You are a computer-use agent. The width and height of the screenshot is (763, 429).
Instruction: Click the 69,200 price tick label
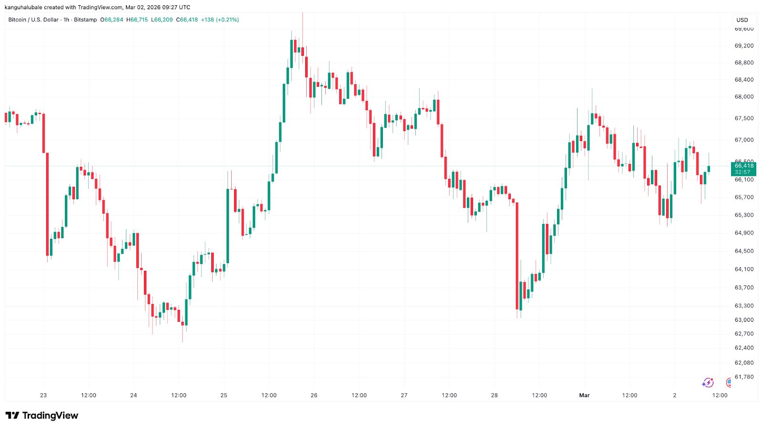click(x=744, y=46)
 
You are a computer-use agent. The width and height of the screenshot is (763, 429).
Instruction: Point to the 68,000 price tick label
click(x=744, y=97)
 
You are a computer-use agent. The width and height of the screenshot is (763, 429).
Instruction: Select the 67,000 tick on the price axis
click(x=744, y=140)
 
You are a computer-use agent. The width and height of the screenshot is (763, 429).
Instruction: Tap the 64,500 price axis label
click(x=744, y=251)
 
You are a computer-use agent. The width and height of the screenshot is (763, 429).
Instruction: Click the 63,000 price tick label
click(x=744, y=320)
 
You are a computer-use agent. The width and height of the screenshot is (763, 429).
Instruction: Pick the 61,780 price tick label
click(x=744, y=377)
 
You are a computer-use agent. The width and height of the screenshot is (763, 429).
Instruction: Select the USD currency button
click(x=742, y=20)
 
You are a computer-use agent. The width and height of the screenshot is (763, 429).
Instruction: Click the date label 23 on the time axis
click(x=43, y=395)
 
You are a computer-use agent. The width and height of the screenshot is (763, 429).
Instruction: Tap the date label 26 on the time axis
click(x=314, y=395)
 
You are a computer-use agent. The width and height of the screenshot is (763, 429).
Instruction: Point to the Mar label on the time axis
click(x=584, y=395)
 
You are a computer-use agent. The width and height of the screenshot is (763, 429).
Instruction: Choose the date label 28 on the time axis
click(x=494, y=395)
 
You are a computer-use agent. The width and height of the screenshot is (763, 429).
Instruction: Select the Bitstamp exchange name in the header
click(x=85, y=20)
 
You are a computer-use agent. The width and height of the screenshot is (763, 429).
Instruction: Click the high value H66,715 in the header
click(x=137, y=20)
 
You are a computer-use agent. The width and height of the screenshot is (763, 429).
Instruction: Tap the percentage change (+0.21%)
click(x=227, y=20)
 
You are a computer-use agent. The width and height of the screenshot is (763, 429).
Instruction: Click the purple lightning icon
click(x=708, y=383)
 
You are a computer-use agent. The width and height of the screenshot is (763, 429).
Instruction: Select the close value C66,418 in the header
click(x=187, y=20)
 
